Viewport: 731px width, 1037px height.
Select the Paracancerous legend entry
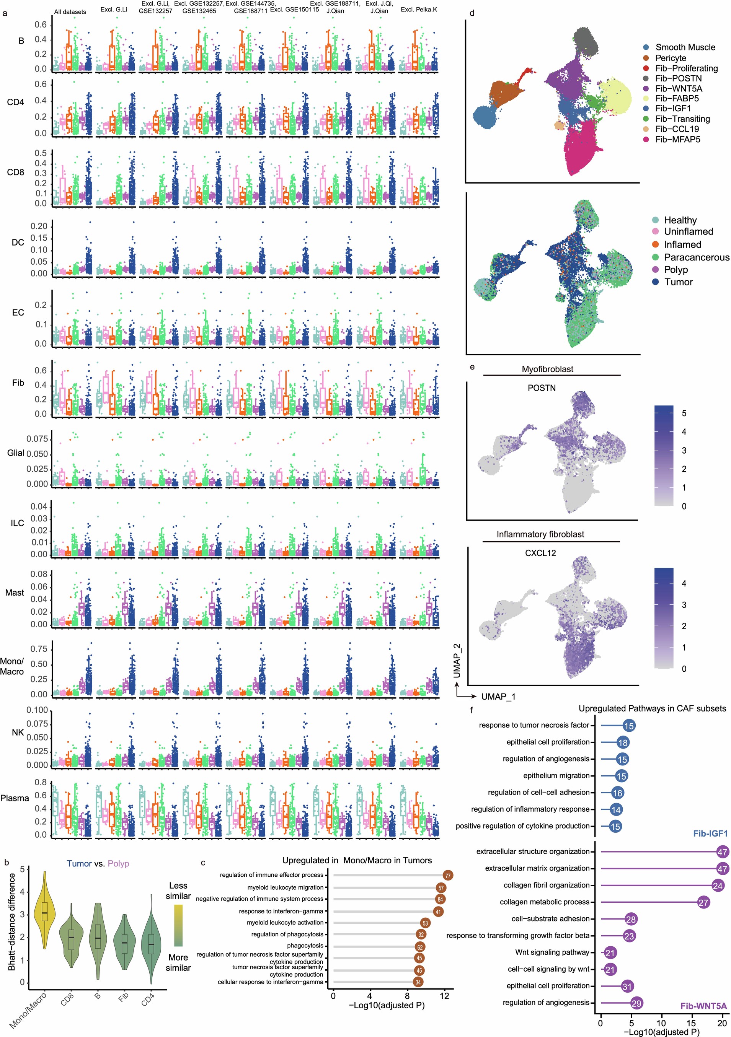(696, 257)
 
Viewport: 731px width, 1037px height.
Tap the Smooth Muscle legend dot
(647, 47)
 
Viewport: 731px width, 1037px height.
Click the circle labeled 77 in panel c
(448, 875)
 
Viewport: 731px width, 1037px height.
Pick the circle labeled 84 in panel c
(440, 899)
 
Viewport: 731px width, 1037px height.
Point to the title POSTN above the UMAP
(541, 388)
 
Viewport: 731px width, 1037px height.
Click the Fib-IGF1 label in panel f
(710, 833)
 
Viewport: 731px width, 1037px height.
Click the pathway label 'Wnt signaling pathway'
(552, 952)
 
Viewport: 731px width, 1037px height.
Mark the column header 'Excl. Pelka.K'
(419, 10)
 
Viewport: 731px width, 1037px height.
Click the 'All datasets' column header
(70, 12)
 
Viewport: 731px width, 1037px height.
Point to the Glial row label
(15, 453)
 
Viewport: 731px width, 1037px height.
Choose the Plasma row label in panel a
(15, 798)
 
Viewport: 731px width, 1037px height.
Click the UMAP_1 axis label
(498, 697)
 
